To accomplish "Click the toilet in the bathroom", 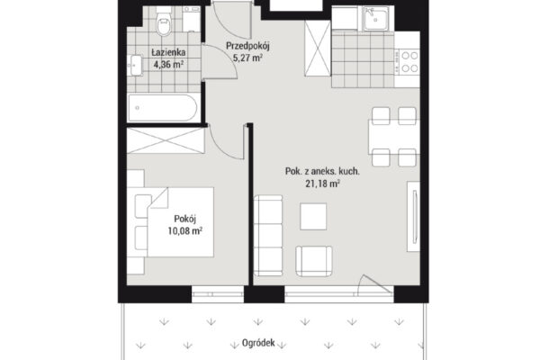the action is [x=164, y=21].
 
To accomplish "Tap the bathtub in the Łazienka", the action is [x=162, y=107].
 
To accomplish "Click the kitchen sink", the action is [x=375, y=18].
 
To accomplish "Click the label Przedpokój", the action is [x=247, y=46].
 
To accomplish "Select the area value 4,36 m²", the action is [x=168, y=65].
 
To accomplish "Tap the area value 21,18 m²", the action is [x=323, y=184].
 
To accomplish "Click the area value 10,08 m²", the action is [x=184, y=230].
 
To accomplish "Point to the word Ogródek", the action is [x=258, y=343].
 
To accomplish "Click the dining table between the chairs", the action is [x=394, y=137].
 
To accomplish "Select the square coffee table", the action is [x=313, y=216].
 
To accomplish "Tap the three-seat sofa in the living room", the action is [x=268, y=235].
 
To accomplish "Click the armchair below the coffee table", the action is [x=314, y=261].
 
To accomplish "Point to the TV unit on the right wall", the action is [x=414, y=216].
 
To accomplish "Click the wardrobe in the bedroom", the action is [x=166, y=140].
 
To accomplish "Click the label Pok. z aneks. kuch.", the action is [x=322, y=171].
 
